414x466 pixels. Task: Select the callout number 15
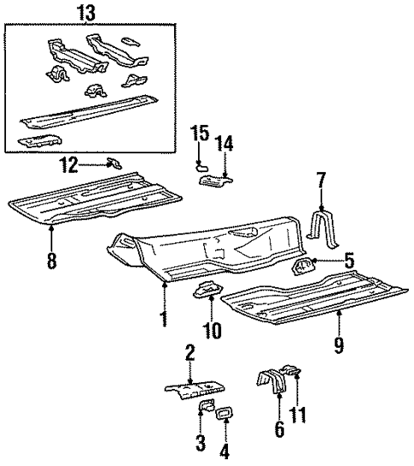click(x=199, y=135)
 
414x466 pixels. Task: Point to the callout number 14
click(x=224, y=142)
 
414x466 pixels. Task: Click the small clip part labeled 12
click(x=114, y=162)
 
